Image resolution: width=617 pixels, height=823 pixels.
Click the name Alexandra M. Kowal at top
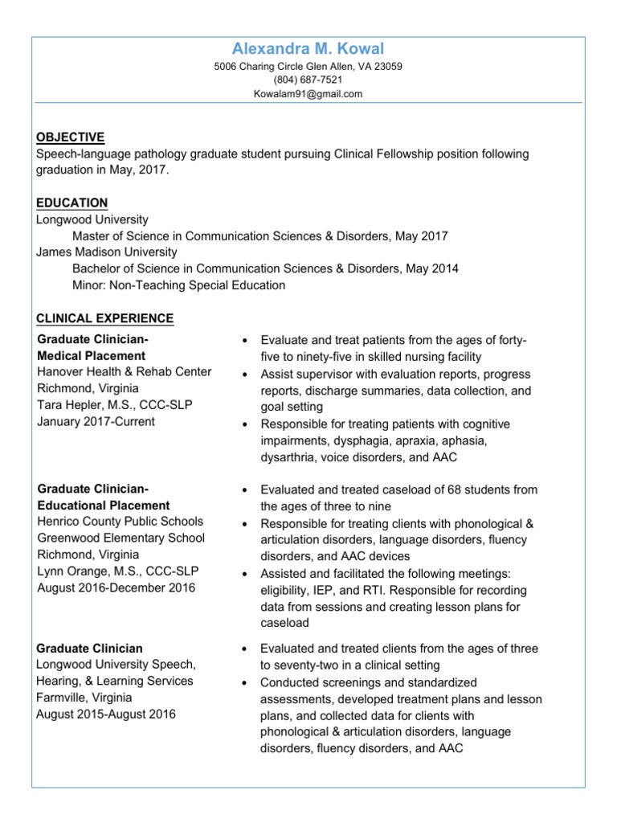(x=308, y=50)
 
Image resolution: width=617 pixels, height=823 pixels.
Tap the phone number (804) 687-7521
(x=308, y=80)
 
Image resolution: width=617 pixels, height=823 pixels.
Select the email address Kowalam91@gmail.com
(x=308, y=94)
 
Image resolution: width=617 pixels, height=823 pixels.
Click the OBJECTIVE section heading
(x=71, y=137)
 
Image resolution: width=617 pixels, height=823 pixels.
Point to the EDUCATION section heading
(x=72, y=203)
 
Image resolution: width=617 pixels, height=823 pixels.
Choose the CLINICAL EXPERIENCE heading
(x=105, y=318)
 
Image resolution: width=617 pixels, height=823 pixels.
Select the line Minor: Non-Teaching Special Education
(x=178, y=285)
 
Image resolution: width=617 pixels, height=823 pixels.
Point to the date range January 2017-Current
(x=96, y=421)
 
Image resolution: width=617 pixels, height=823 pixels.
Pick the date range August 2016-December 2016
(x=116, y=588)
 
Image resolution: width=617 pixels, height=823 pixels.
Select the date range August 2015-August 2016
(x=106, y=714)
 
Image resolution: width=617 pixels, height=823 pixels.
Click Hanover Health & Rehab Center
(x=125, y=371)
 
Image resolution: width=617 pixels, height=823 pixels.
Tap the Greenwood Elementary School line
(x=121, y=538)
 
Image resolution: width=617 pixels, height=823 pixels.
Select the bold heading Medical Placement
(x=92, y=355)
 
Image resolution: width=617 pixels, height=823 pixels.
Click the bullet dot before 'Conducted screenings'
(x=247, y=682)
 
